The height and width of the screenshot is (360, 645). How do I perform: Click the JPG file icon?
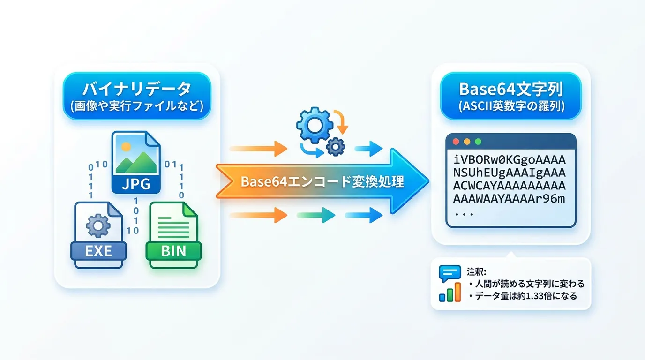click(136, 162)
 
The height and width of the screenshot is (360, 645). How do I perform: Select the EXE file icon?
click(98, 234)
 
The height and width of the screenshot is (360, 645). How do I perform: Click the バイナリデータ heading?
click(137, 89)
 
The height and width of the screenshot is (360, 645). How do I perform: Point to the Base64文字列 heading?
click(510, 89)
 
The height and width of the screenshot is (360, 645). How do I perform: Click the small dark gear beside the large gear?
click(335, 146)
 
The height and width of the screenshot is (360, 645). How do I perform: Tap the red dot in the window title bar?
click(454, 141)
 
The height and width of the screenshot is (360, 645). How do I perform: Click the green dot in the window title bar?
click(478, 141)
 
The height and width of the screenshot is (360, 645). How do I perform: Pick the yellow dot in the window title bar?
click(466, 141)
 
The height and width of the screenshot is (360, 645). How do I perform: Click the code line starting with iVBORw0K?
click(510, 159)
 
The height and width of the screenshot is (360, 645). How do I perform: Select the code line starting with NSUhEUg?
click(510, 172)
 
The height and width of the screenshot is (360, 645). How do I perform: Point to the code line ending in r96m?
click(510, 199)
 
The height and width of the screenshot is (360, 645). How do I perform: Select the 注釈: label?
click(477, 271)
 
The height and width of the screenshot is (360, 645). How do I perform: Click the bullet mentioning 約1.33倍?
click(525, 296)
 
